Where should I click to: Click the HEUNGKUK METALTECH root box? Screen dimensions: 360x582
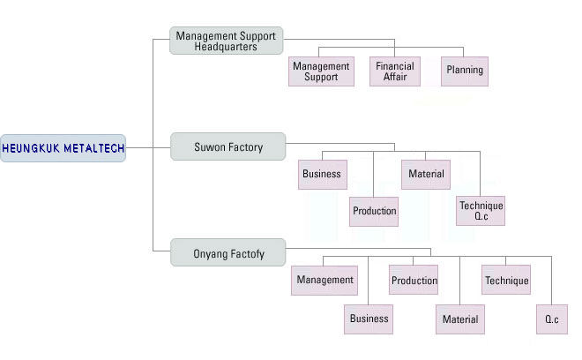(63, 148)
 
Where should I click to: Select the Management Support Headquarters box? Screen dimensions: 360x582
(227, 41)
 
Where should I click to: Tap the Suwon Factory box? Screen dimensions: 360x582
(228, 147)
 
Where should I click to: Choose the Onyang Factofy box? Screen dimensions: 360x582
(228, 254)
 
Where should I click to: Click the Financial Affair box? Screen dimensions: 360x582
(394, 71)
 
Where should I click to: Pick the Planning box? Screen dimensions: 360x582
(464, 71)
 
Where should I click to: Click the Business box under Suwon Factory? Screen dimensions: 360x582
(321, 174)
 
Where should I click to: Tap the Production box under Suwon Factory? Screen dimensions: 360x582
(374, 211)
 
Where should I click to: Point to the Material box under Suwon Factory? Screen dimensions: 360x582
(426, 174)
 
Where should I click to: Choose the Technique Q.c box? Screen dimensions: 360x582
(481, 211)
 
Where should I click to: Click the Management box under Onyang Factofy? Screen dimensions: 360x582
(325, 281)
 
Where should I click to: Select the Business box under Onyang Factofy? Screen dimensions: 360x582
(368, 319)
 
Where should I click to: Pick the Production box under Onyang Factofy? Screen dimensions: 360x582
(414, 281)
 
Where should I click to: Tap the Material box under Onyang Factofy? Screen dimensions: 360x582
(459, 319)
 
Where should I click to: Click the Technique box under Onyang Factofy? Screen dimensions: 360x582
(506, 281)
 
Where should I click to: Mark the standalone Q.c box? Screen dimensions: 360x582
(551, 319)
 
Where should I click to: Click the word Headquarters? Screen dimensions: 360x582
(226, 47)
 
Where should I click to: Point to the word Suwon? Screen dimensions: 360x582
(210, 147)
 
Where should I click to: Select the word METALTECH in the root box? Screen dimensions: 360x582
(93, 148)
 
